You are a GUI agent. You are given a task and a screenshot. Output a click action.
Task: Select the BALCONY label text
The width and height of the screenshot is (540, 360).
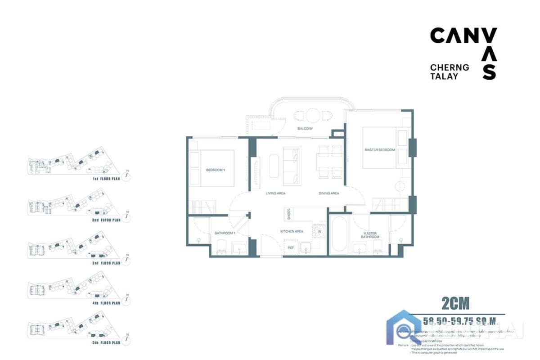pos(305,129)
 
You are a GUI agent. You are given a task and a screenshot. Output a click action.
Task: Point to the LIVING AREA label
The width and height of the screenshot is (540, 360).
pos(275,193)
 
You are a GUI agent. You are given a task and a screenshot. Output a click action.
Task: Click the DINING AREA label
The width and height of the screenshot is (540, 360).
pos(329,193)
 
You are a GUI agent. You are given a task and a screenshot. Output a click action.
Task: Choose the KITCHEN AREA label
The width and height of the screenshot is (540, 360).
pos(292,231)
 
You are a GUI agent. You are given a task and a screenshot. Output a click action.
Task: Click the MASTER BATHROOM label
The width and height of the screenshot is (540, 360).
pos(370,235)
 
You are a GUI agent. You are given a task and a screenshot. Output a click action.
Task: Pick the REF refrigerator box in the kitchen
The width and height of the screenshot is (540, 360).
pos(291,247)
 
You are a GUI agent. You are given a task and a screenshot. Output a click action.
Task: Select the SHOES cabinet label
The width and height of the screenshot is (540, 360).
pos(288,213)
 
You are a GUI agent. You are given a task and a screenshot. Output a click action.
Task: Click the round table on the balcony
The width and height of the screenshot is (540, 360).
pos(312,116)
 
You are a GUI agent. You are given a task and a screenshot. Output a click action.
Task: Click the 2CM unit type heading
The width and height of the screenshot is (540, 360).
pos(455,304)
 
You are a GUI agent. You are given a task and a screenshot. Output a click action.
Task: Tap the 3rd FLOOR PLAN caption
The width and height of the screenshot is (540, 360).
pos(106,263)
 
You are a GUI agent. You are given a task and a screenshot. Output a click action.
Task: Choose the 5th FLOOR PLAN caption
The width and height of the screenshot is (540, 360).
pos(106,343)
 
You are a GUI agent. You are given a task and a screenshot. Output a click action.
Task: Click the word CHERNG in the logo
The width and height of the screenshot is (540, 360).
pos(450,67)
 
